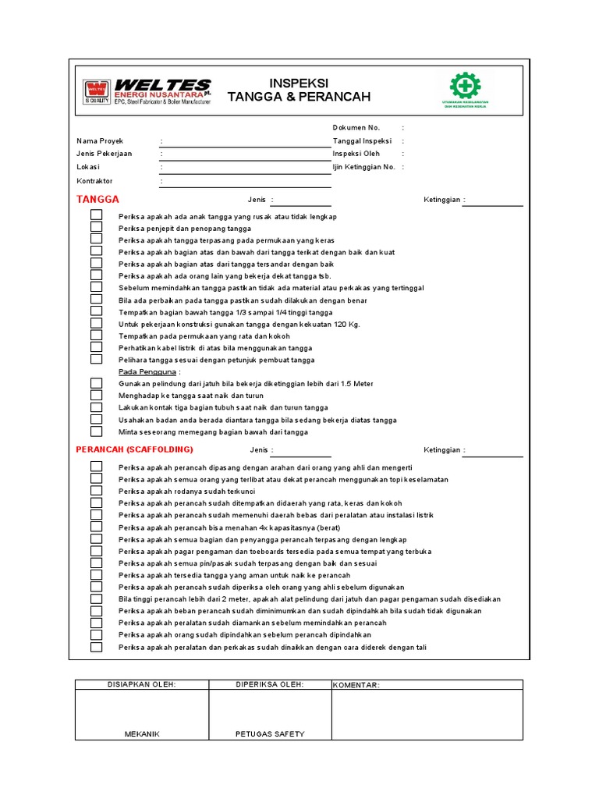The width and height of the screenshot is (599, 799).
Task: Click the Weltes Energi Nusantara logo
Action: (146, 91)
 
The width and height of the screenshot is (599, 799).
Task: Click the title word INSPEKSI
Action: (299, 83)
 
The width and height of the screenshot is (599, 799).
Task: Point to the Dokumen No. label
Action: (356, 127)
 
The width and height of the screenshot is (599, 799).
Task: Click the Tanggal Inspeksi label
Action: (361, 141)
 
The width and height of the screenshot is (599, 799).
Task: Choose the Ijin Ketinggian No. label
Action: (364, 167)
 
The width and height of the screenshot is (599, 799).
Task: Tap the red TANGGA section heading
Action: (97, 200)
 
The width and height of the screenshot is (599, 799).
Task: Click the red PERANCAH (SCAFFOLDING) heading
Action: (134, 450)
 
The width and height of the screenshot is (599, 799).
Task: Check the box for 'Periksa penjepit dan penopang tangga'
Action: (96, 228)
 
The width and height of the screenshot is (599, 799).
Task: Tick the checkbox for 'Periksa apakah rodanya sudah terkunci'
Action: (96, 492)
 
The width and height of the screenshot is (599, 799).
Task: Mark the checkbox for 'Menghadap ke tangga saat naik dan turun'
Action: (96, 396)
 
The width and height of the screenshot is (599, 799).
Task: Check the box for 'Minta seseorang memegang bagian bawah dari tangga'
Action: (96, 431)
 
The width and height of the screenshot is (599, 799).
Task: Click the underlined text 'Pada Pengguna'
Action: (147, 372)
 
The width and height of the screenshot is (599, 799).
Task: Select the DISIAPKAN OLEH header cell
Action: (141, 684)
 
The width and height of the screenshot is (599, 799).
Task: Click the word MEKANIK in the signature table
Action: (141, 733)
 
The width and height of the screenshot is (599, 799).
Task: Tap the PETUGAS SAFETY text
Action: (270, 733)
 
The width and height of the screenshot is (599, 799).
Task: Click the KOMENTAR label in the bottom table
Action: (356, 685)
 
